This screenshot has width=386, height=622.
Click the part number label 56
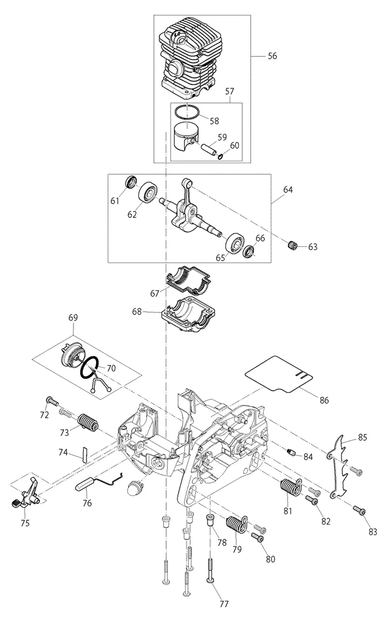tap(273, 56)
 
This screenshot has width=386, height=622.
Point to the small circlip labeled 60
tap(220, 157)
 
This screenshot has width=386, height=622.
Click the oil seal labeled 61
tap(130, 182)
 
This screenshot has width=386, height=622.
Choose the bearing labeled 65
tap(235, 243)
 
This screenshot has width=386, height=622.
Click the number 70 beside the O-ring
tap(111, 368)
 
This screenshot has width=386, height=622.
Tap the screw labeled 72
tap(52, 401)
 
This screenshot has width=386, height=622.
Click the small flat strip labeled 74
tap(84, 454)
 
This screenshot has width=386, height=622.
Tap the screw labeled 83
tap(359, 510)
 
